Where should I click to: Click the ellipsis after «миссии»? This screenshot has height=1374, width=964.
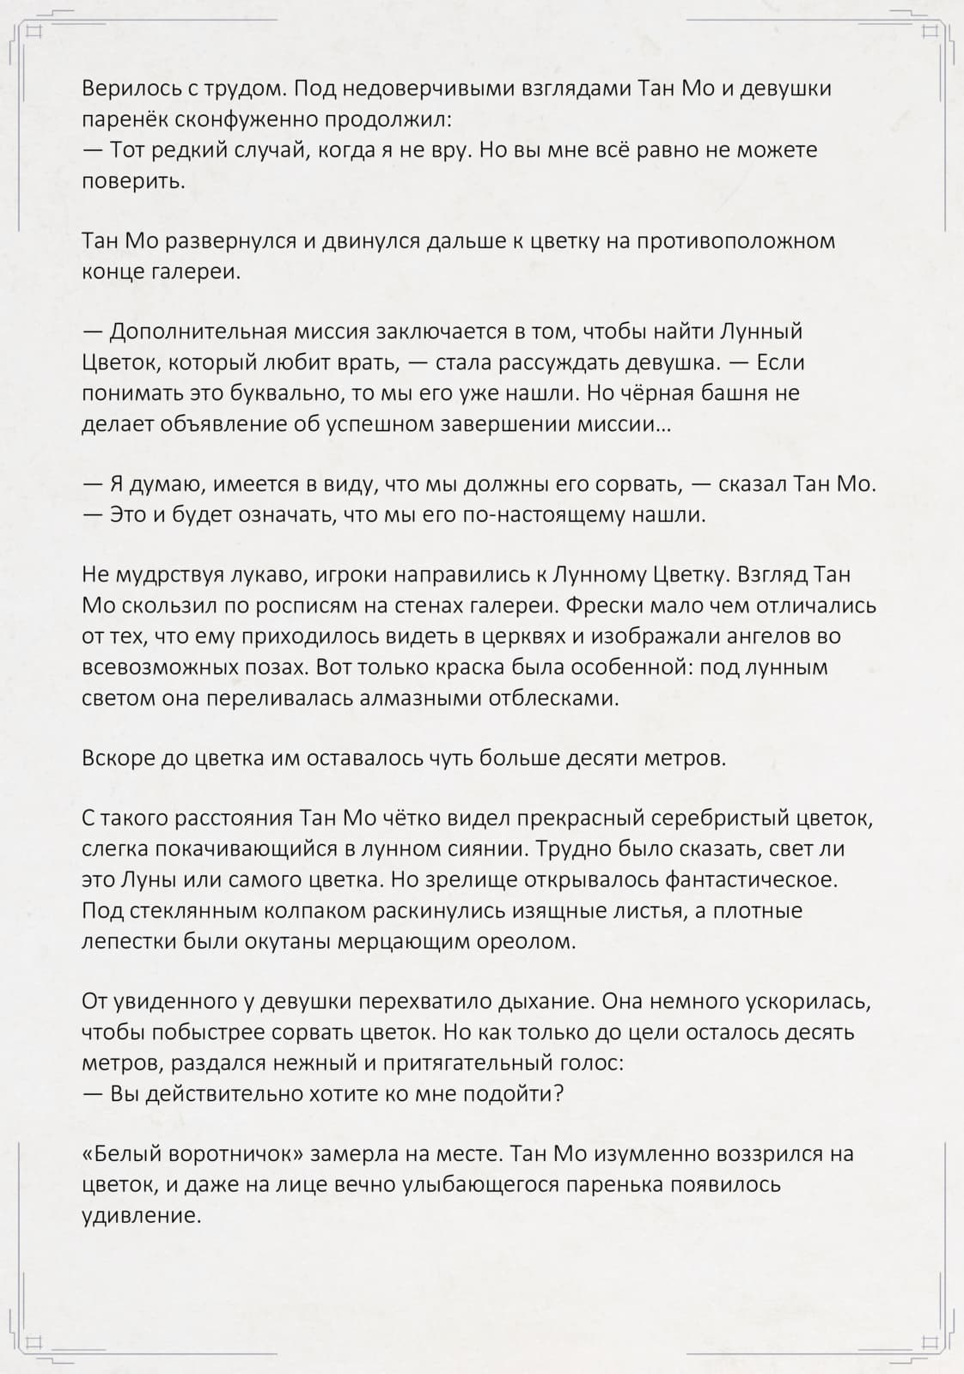click(663, 425)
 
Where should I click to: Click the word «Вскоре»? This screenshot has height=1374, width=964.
click(118, 758)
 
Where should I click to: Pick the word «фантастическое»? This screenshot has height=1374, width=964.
click(735, 880)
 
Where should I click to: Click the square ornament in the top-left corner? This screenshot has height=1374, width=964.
click(34, 33)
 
